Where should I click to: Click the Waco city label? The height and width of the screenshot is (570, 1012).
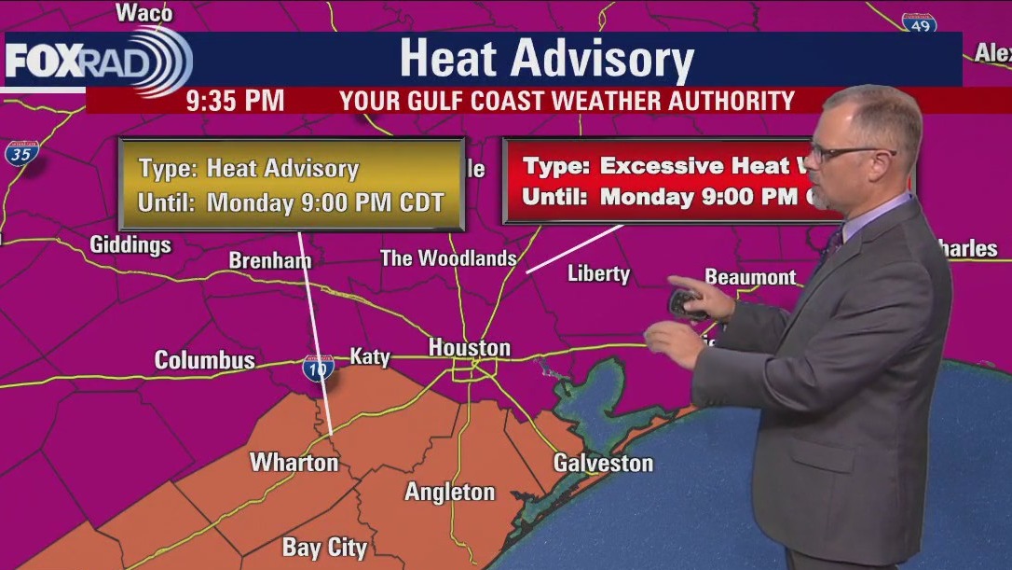coord(144,12)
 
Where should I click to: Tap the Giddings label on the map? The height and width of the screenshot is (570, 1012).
coord(130,245)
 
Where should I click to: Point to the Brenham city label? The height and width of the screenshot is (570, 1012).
coord(270,260)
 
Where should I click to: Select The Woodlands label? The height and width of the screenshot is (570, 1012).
coord(448,258)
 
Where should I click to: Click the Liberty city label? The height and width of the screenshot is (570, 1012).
coord(598,273)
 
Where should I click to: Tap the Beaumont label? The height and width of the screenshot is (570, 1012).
coord(750,277)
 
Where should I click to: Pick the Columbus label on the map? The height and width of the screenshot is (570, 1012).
coord(204,360)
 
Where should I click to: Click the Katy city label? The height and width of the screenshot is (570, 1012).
coord(370,355)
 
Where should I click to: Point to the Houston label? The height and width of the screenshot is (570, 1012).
coord(470,348)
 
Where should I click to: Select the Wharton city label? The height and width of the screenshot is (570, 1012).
coord(294,462)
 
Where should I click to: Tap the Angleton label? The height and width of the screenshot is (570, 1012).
coord(449,492)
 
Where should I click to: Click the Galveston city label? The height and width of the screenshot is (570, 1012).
coord(603,463)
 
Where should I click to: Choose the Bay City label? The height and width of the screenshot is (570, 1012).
coord(324,548)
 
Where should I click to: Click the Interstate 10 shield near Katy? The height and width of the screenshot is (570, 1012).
coord(319,368)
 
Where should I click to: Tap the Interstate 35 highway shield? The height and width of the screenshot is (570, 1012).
coord(21,154)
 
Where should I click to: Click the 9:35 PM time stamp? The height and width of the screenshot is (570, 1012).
coord(235,101)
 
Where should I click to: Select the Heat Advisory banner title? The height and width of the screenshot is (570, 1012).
coord(547,59)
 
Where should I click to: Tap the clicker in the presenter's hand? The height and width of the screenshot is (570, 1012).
coord(688,302)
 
